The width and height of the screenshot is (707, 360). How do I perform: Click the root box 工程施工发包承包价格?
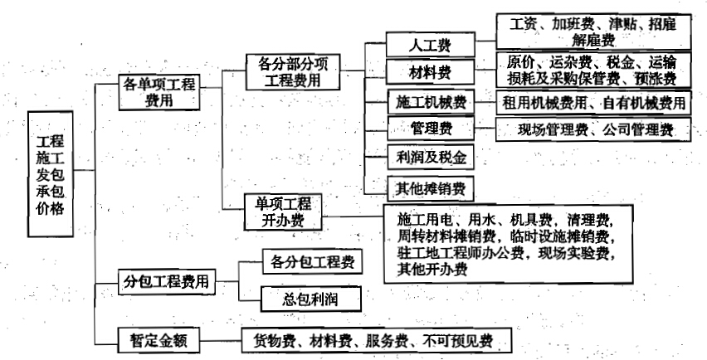tap(50, 174)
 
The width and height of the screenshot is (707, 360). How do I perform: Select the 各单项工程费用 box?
tap(159, 92)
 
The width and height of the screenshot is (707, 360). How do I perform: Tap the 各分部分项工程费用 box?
tap(293, 71)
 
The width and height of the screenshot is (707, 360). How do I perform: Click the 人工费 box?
tap(430, 45)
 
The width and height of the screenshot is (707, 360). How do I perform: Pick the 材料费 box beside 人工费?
tap(430, 71)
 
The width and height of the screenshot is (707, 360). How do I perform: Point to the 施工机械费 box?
tap(431, 102)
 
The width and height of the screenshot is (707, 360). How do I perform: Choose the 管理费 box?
tap(431, 129)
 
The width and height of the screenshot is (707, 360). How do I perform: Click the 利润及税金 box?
tap(431, 158)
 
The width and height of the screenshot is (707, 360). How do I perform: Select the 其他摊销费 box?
tap(431, 188)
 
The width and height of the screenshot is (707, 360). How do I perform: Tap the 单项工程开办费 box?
tap(283, 212)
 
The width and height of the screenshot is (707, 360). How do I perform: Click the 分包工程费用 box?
tap(167, 282)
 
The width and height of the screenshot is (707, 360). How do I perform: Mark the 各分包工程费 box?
tap(313, 261)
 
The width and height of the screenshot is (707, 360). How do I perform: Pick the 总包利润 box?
tap(310, 299)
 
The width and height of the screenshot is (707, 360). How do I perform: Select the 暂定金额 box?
tap(158, 340)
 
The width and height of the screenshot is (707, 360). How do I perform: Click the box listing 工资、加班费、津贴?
tap(593, 32)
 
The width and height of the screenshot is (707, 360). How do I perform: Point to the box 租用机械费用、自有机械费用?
tap(593, 103)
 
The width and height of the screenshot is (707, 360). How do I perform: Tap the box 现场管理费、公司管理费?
tap(593, 129)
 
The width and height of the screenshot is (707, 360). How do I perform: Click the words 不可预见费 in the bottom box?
tap(458, 341)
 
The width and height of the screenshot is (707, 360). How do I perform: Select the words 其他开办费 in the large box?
tap(432, 270)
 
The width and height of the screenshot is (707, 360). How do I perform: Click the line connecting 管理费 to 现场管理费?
tap(485, 129)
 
